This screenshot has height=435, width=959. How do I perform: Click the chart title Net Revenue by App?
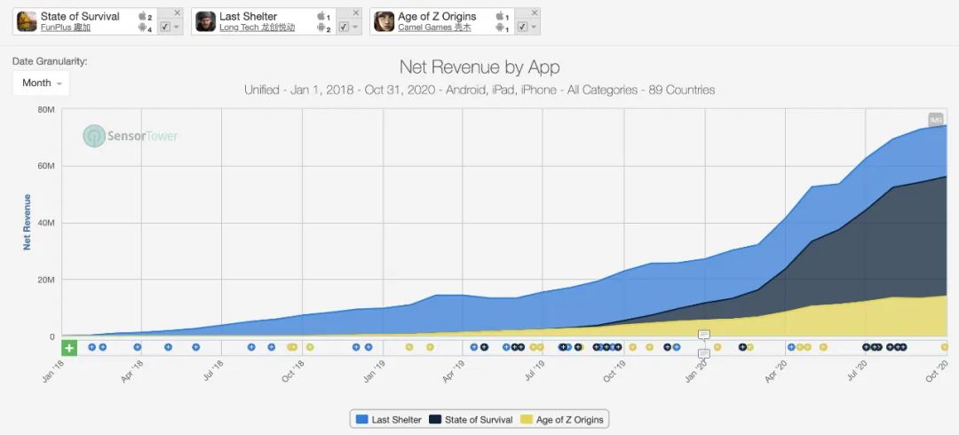[479, 67]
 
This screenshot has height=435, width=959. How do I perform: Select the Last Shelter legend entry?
[388, 419]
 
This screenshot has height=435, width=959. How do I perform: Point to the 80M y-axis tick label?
[46, 109]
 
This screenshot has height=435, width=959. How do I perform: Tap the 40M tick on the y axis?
[46, 223]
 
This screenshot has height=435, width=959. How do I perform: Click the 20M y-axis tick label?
[46, 280]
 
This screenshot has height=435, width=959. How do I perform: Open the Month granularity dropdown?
[41, 83]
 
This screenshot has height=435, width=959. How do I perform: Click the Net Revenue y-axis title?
[27, 222]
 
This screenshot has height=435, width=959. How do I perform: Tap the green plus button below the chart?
[69, 347]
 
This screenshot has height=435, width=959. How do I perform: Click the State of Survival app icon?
[27, 21]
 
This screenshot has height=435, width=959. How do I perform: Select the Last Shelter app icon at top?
[205, 21]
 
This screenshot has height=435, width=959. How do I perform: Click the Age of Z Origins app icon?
[384, 21]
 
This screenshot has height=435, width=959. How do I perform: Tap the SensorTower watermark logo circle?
[94, 136]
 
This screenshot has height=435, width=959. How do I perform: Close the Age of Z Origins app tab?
[534, 12]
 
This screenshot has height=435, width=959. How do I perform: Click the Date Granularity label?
[50, 61]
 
